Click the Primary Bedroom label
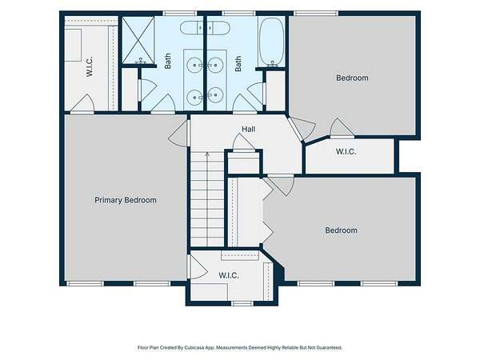pos(126,200)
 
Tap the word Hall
pos(249,129)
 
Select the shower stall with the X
pos(138,40)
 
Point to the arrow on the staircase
pos(207,199)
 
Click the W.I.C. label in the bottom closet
pos(229,275)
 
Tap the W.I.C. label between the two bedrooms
pos(346,151)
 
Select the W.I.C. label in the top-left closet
pos(90,66)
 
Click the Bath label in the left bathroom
pos(168,61)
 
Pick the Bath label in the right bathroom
pos(238,64)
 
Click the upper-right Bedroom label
pos(352,78)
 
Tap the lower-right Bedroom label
pos(341,230)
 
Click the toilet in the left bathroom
pos(191,28)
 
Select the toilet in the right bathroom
pos(218,28)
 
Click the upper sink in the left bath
pos(194,66)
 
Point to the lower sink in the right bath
pos(215,95)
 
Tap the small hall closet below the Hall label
pos(243,162)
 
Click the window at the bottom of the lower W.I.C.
pos(242,303)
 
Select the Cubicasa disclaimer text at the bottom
pos(240,348)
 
